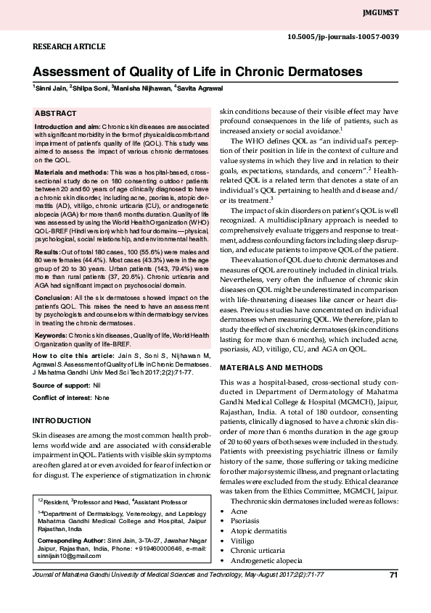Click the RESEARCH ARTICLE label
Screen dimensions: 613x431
coord(69,46)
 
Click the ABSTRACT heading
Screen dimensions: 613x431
coord(55,114)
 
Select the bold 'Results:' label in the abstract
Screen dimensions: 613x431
coord(48,250)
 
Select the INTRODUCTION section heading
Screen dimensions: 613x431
coord(62,421)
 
